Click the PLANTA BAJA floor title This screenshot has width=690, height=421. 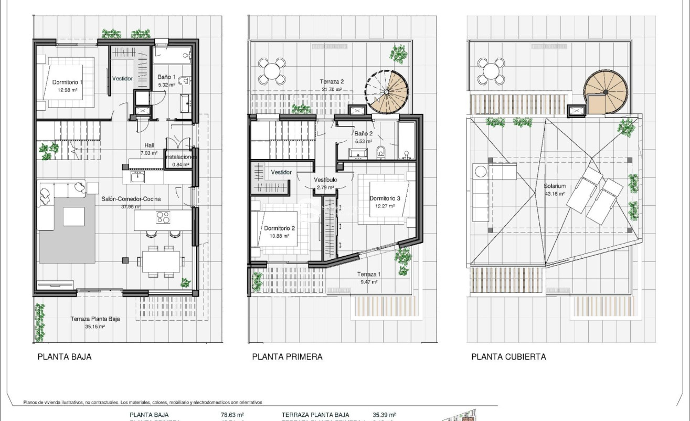tap(65, 357)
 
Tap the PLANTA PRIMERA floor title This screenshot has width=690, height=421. tap(287, 357)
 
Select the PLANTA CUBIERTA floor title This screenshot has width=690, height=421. tap(508, 357)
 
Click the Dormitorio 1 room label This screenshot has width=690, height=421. tap(68, 82)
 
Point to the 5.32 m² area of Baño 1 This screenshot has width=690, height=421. tap(166, 85)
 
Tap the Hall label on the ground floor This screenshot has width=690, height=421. tap(150, 145)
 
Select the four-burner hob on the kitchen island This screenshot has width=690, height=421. tap(164, 217)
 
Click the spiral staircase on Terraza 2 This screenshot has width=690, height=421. tap(387, 92)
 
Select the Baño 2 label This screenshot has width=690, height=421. tap(363, 134)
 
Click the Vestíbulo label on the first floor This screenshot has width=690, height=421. tap(325, 180)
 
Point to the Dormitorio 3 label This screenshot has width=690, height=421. tap(385, 198)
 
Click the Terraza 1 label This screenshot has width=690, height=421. tap(368, 275)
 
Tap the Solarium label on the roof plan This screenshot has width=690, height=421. tap(555, 186)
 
